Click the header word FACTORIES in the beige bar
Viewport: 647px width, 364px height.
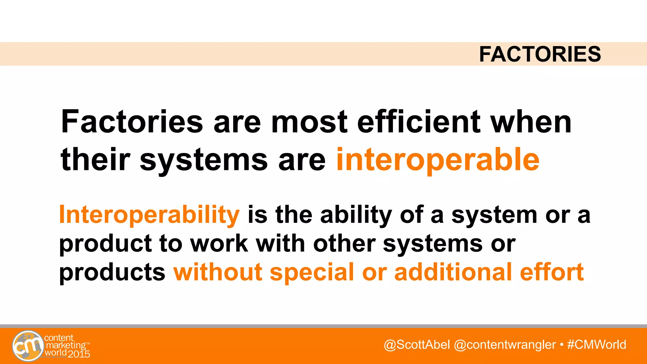[x=540, y=54]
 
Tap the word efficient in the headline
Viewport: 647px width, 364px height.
[x=419, y=122]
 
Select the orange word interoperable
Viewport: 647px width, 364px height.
[x=438, y=160]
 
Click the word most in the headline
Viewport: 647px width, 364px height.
[x=309, y=122]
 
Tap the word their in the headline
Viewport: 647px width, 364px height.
[x=95, y=160]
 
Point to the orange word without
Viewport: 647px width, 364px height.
[x=218, y=272]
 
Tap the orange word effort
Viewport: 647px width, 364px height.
[x=552, y=272]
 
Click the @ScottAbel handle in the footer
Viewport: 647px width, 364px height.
[x=417, y=344]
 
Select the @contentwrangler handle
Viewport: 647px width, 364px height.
[x=505, y=344]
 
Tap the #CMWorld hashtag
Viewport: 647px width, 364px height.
[x=596, y=344]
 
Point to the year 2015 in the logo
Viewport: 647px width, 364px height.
[x=79, y=354]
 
